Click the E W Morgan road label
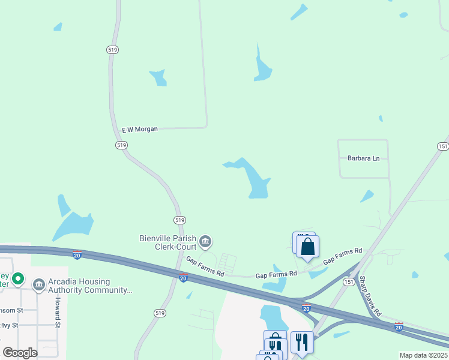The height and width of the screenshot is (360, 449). [140, 129]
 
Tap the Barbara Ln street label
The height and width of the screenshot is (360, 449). [364, 158]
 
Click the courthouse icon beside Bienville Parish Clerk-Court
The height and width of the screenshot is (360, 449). [205, 242]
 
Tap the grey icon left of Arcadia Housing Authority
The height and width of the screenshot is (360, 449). [39, 284]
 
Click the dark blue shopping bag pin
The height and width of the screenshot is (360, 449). [307, 247]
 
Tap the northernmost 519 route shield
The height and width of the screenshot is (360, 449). [112, 49]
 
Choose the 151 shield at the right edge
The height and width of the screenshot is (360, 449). [442, 146]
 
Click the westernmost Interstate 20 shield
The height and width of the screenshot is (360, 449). [77, 255]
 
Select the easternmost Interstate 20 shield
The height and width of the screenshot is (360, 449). [399, 326]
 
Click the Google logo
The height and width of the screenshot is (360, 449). [20, 352]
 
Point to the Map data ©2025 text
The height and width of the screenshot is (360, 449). [423, 355]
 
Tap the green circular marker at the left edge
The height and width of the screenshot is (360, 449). [18, 279]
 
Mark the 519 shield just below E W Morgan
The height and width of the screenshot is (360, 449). [122, 145]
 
